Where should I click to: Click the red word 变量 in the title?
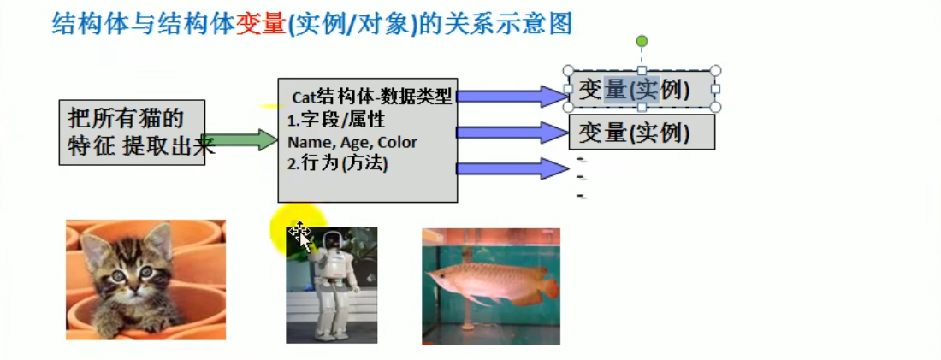(260, 23)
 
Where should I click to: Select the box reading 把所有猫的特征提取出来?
(132, 132)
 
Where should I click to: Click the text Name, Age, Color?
(352, 142)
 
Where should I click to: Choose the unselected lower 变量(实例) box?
(641, 133)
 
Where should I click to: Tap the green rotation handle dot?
(642, 41)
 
